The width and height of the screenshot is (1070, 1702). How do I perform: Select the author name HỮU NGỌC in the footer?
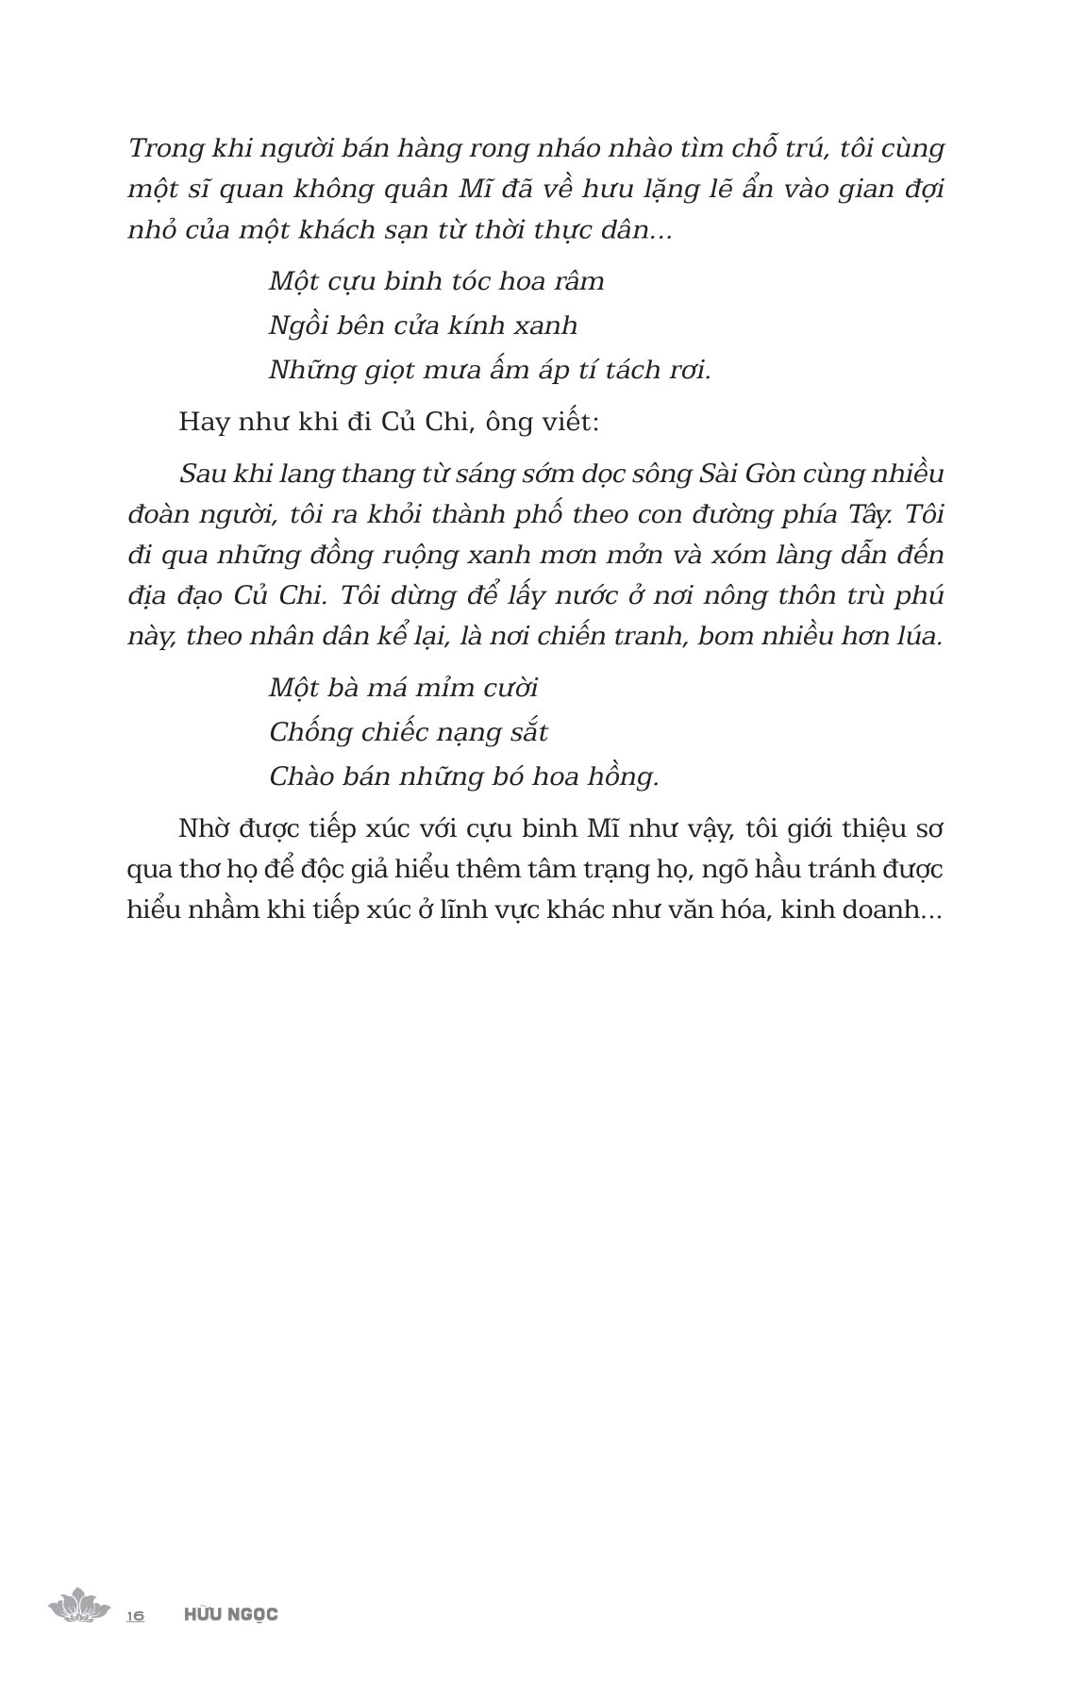(x=231, y=1614)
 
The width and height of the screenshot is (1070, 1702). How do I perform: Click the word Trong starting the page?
(x=160, y=149)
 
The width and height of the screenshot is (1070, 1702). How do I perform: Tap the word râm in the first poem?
(x=577, y=281)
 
